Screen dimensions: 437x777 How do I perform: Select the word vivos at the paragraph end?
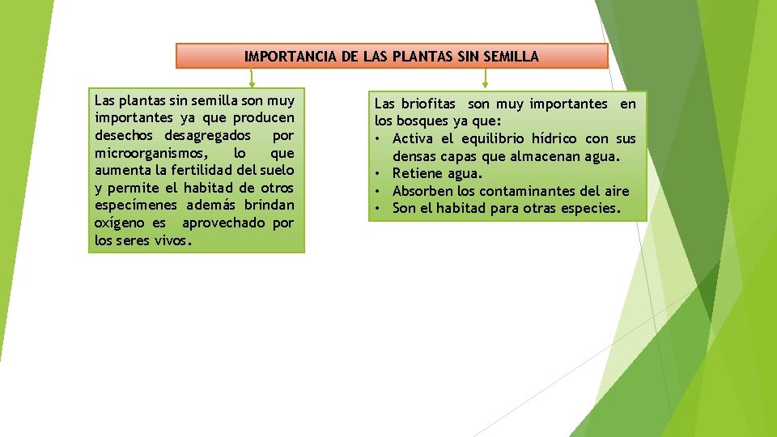click(171, 240)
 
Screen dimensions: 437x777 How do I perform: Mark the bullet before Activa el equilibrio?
click(378, 139)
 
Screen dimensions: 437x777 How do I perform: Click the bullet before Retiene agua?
click(378, 174)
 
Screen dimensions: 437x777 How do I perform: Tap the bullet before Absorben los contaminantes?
click(378, 192)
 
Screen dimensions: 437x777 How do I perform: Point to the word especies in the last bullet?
click(591, 209)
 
